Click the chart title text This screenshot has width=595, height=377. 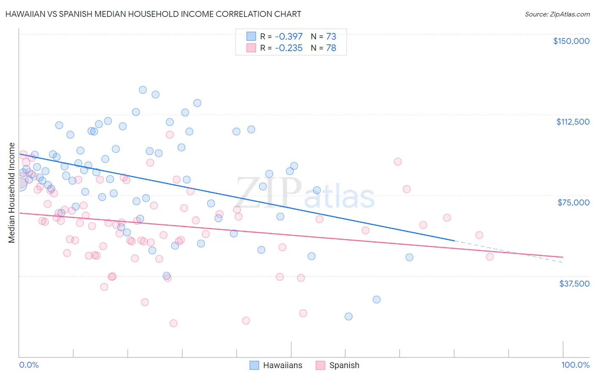click(x=153, y=14)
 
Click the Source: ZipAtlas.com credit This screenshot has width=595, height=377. click(x=557, y=14)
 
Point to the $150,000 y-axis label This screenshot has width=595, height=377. click(x=571, y=41)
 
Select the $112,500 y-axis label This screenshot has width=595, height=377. click(x=573, y=122)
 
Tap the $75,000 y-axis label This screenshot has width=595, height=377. click(x=573, y=202)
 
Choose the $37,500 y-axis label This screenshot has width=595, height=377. click(x=574, y=284)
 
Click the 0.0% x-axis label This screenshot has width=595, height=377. click(x=29, y=365)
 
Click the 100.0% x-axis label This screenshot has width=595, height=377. click(x=575, y=365)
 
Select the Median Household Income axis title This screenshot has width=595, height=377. click(x=11, y=193)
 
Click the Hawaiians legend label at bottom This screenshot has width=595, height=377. click(x=282, y=365)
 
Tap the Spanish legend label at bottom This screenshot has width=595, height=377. click(x=344, y=365)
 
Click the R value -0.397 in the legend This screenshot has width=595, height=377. click(x=289, y=36)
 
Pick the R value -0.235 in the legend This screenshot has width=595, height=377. click(x=289, y=48)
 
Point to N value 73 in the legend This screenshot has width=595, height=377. click(x=331, y=36)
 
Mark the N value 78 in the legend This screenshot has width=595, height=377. click(x=331, y=48)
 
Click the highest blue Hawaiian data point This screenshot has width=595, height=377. click(x=143, y=90)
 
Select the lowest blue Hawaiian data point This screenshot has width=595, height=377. click(x=348, y=316)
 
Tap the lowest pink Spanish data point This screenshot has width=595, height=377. click(x=173, y=323)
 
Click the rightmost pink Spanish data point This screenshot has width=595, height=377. click(x=490, y=257)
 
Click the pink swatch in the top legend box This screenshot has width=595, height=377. click(x=251, y=48)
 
